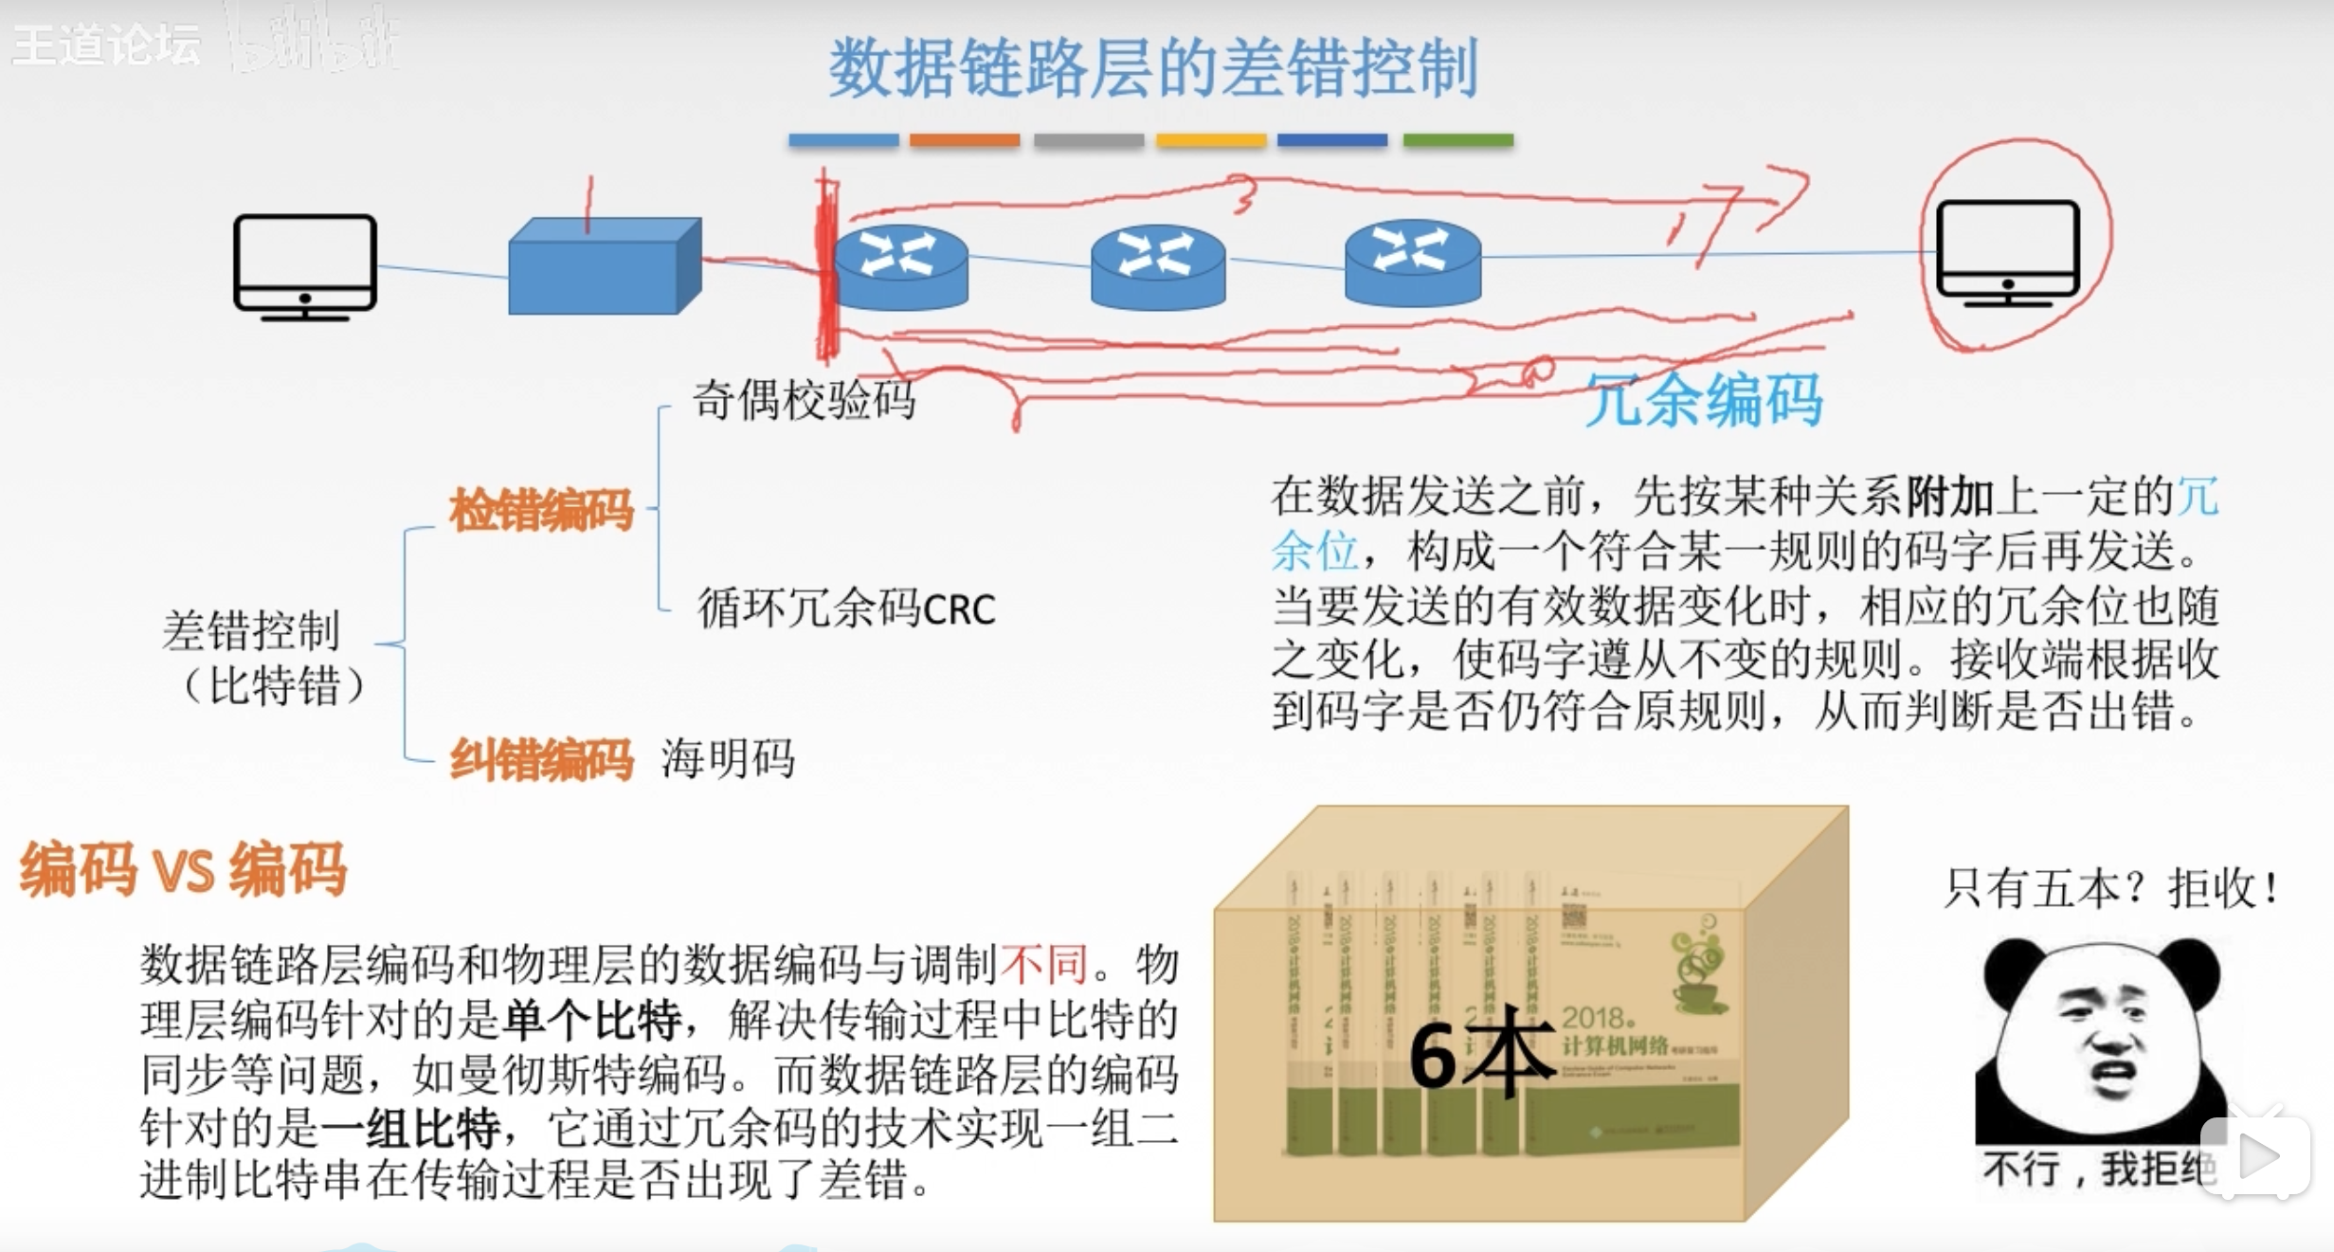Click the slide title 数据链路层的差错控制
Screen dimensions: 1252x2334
pos(1153,67)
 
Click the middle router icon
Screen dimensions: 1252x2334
pos(1157,266)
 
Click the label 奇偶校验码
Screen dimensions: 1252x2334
pos(804,399)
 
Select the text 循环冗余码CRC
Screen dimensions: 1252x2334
pos(846,608)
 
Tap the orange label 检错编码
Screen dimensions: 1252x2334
pos(541,510)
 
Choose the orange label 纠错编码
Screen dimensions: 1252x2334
pos(541,760)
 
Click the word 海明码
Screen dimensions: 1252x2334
pos(728,759)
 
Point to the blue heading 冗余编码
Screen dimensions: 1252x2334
pos(1704,400)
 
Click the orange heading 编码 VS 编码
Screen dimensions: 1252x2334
pos(184,868)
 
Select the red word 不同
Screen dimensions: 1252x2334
pos(1043,965)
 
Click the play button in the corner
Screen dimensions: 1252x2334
pos(2256,1156)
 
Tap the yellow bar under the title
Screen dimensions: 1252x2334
pos(1210,140)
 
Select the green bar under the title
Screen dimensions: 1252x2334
pos(1457,140)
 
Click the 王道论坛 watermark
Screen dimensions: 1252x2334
pos(106,45)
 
